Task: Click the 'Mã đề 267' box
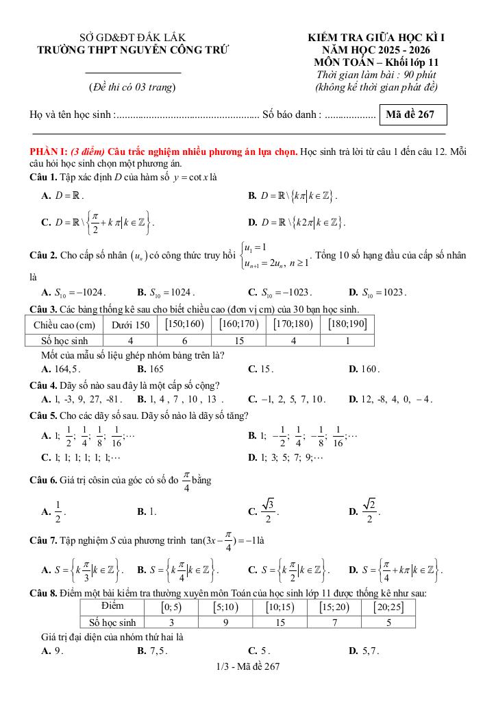point(410,114)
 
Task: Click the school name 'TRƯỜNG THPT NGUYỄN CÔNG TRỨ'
point(133,50)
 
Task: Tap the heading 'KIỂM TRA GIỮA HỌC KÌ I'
point(375,38)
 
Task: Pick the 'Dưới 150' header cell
point(130,324)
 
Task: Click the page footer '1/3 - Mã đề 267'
point(247,666)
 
